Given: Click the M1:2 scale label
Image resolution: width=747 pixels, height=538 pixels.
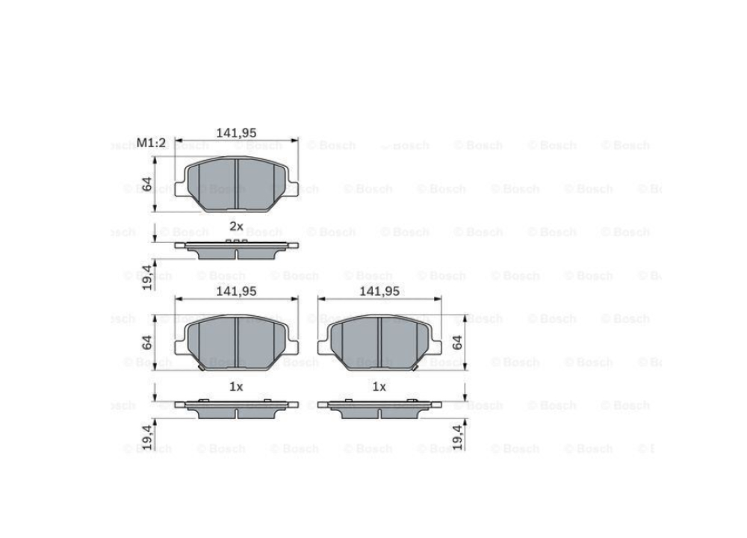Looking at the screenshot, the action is tap(151, 143).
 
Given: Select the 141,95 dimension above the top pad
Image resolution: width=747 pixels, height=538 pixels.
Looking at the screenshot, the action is tap(236, 133).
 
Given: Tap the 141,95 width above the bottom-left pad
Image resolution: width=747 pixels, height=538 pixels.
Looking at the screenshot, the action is tap(236, 291).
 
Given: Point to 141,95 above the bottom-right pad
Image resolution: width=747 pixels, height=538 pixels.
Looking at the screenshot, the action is tap(379, 291).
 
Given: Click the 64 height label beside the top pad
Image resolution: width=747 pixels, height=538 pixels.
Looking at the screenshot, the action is tap(147, 184).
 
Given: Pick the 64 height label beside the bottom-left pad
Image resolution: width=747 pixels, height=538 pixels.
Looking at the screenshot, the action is tap(147, 342).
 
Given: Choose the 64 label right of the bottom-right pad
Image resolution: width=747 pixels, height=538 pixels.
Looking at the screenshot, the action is tap(457, 342).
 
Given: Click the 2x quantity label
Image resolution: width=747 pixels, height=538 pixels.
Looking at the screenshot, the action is tap(236, 226).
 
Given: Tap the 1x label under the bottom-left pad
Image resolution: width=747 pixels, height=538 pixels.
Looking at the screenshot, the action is tap(236, 386).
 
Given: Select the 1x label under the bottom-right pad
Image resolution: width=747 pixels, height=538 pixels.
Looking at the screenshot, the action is tap(379, 386).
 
